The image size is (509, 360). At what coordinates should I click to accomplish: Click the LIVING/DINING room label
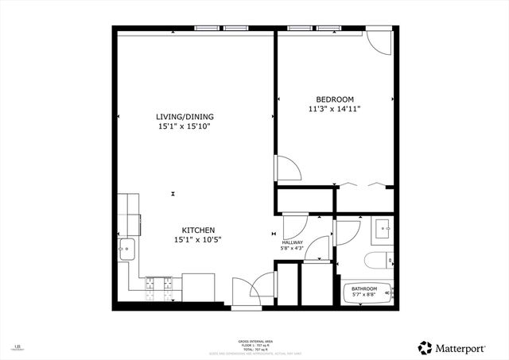[x=185, y=117]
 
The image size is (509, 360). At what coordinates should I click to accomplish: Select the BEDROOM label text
[x=334, y=99]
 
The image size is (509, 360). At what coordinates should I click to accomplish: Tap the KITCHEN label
[x=197, y=230]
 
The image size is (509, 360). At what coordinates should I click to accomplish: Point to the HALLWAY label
[x=293, y=242]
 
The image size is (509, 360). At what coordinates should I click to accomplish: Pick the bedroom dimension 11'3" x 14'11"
[x=334, y=109]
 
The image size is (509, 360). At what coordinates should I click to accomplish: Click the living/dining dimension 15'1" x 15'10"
[x=185, y=126]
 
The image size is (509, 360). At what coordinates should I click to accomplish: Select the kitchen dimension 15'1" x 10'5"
[x=197, y=240]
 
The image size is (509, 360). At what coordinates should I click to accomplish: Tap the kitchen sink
[x=127, y=250]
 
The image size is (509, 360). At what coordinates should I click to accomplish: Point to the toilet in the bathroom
[x=375, y=259]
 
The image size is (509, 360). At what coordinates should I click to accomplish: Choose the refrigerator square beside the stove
[x=198, y=287]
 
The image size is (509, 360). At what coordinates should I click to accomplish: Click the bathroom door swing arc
[x=348, y=232]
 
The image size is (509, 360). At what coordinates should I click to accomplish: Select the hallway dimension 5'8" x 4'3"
[x=293, y=249]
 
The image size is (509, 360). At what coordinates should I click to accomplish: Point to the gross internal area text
[x=254, y=342]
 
